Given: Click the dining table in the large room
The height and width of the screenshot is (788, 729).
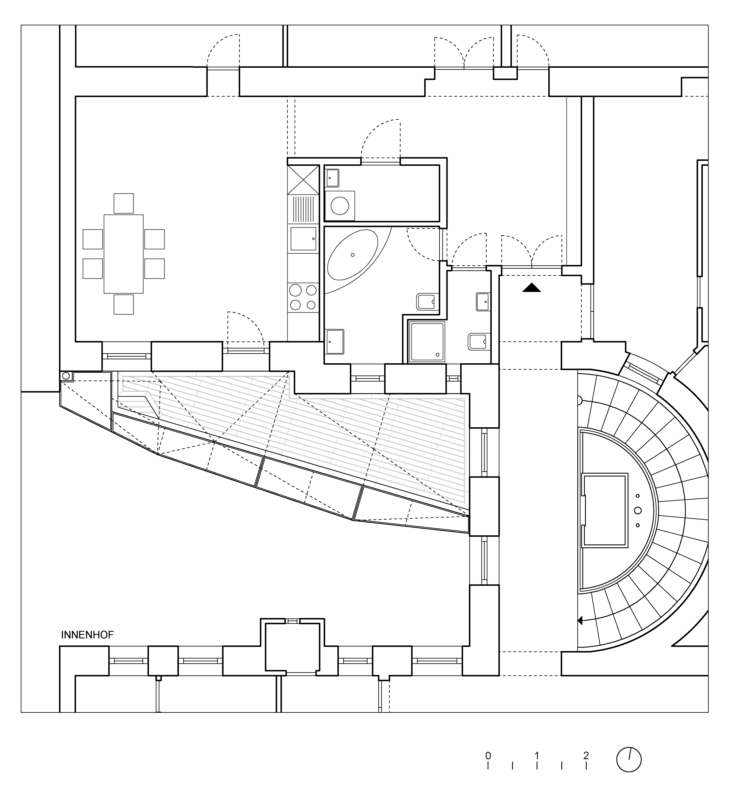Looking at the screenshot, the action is click(x=123, y=254).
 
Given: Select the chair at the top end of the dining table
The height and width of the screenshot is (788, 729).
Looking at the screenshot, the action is click(x=123, y=203).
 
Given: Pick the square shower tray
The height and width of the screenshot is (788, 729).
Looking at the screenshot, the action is click(x=427, y=342).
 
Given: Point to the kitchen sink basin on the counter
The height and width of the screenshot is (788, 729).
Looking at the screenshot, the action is click(x=303, y=239).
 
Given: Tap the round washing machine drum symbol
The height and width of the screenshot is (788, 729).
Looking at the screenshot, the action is click(x=340, y=206).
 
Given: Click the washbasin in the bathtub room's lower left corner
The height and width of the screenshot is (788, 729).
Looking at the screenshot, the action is click(x=334, y=341).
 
